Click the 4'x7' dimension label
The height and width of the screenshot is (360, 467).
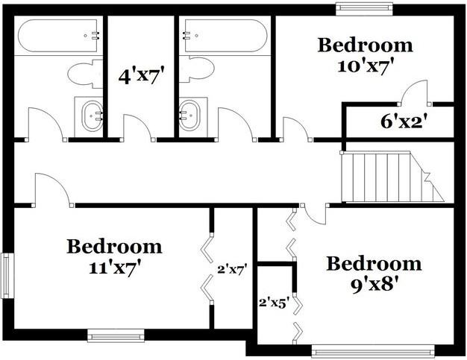point(142,76)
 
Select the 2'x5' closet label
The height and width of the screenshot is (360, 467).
point(274,303)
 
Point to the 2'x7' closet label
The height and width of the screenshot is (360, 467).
point(233,270)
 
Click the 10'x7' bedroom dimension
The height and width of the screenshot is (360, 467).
point(363,66)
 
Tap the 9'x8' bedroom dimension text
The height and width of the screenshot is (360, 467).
point(374,285)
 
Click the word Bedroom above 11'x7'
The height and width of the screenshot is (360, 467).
point(114,247)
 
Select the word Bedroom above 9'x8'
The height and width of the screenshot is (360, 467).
point(374,264)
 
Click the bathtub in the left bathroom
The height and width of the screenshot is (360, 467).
point(59,36)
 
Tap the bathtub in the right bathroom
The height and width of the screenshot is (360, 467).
point(225,36)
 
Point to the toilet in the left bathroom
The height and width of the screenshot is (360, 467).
point(85,74)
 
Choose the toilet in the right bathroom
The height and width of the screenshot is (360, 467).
point(196,69)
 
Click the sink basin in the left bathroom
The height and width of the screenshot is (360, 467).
point(93,116)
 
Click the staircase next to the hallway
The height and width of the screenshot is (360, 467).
point(392,177)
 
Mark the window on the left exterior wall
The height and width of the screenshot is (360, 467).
point(7,276)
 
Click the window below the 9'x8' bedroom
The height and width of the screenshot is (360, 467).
point(373,351)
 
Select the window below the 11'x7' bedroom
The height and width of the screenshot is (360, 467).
point(116,335)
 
